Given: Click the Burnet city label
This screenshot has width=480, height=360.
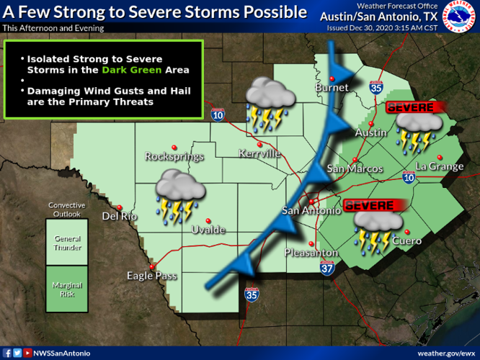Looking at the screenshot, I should tap(332, 87).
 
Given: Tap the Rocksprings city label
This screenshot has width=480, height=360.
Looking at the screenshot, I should tap(174, 156).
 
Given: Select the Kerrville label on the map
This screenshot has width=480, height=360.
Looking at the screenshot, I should tap(260, 153).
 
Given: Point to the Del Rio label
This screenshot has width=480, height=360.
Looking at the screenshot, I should tap(120, 215).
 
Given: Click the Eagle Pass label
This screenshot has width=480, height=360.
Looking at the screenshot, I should tap(151, 275).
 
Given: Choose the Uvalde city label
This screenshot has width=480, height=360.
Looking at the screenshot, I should tap(208, 230).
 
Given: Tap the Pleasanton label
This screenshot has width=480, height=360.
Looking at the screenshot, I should tap(311, 253).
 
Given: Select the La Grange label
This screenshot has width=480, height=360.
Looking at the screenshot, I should tap(440, 166).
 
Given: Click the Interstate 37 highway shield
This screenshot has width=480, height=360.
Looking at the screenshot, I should tap(327, 268).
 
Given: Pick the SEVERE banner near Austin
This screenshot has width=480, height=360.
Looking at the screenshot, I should tap(412, 107).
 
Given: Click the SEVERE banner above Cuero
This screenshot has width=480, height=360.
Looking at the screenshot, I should tap(371, 206).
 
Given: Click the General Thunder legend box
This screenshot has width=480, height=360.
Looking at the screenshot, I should tap(66, 243).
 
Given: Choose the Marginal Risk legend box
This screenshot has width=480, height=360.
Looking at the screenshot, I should tap(66, 289).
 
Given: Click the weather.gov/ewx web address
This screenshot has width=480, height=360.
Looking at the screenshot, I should tap(445, 353).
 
